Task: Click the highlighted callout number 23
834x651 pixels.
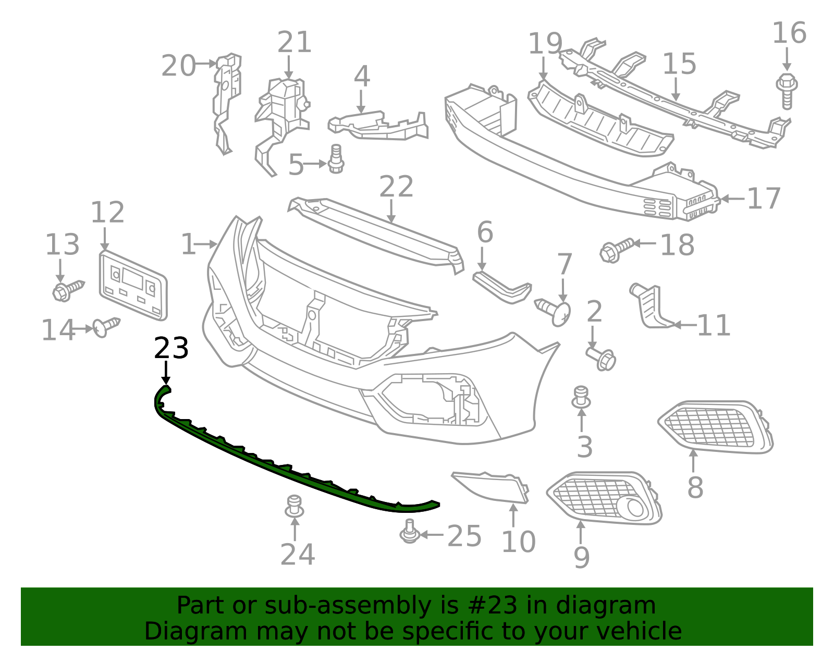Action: click(171, 348)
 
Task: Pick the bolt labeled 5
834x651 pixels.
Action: click(336, 159)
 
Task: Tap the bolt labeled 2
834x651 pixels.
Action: click(602, 358)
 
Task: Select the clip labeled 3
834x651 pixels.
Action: click(581, 397)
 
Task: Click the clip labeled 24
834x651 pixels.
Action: click(295, 506)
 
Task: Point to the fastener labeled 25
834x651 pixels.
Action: click(410, 531)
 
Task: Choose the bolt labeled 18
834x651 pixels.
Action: click(617, 250)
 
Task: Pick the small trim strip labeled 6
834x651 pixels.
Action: click(501, 286)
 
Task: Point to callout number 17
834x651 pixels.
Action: click(764, 199)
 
